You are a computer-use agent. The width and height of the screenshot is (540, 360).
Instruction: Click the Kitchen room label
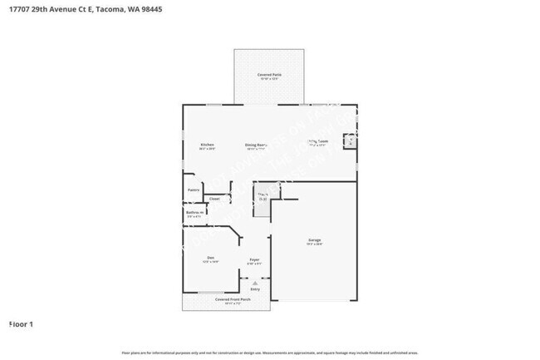(x=207, y=145)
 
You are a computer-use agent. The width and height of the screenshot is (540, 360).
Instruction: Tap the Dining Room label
(x=256, y=145)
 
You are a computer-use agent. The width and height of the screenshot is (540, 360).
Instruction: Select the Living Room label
(x=318, y=141)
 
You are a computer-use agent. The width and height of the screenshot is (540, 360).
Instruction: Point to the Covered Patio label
(x=268, y=75)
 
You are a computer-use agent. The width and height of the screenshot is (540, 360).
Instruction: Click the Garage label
(x=314, y=239)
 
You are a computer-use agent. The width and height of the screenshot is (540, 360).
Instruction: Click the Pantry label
(x=193, y=190)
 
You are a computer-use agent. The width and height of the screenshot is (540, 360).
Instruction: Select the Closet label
(x=214, y=199)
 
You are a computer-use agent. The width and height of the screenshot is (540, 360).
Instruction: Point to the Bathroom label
(x=194, y=212)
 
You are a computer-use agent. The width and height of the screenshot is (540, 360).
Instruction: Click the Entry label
(x=255, y=288)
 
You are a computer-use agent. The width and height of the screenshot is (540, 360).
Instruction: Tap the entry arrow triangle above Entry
(x=255, y=283)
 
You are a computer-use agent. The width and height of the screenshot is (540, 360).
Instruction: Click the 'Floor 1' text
(x=21, y=323)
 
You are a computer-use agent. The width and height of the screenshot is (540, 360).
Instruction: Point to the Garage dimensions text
(x=314, y=244)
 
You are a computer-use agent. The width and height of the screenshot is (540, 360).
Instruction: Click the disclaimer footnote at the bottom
(x=269, y=353)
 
